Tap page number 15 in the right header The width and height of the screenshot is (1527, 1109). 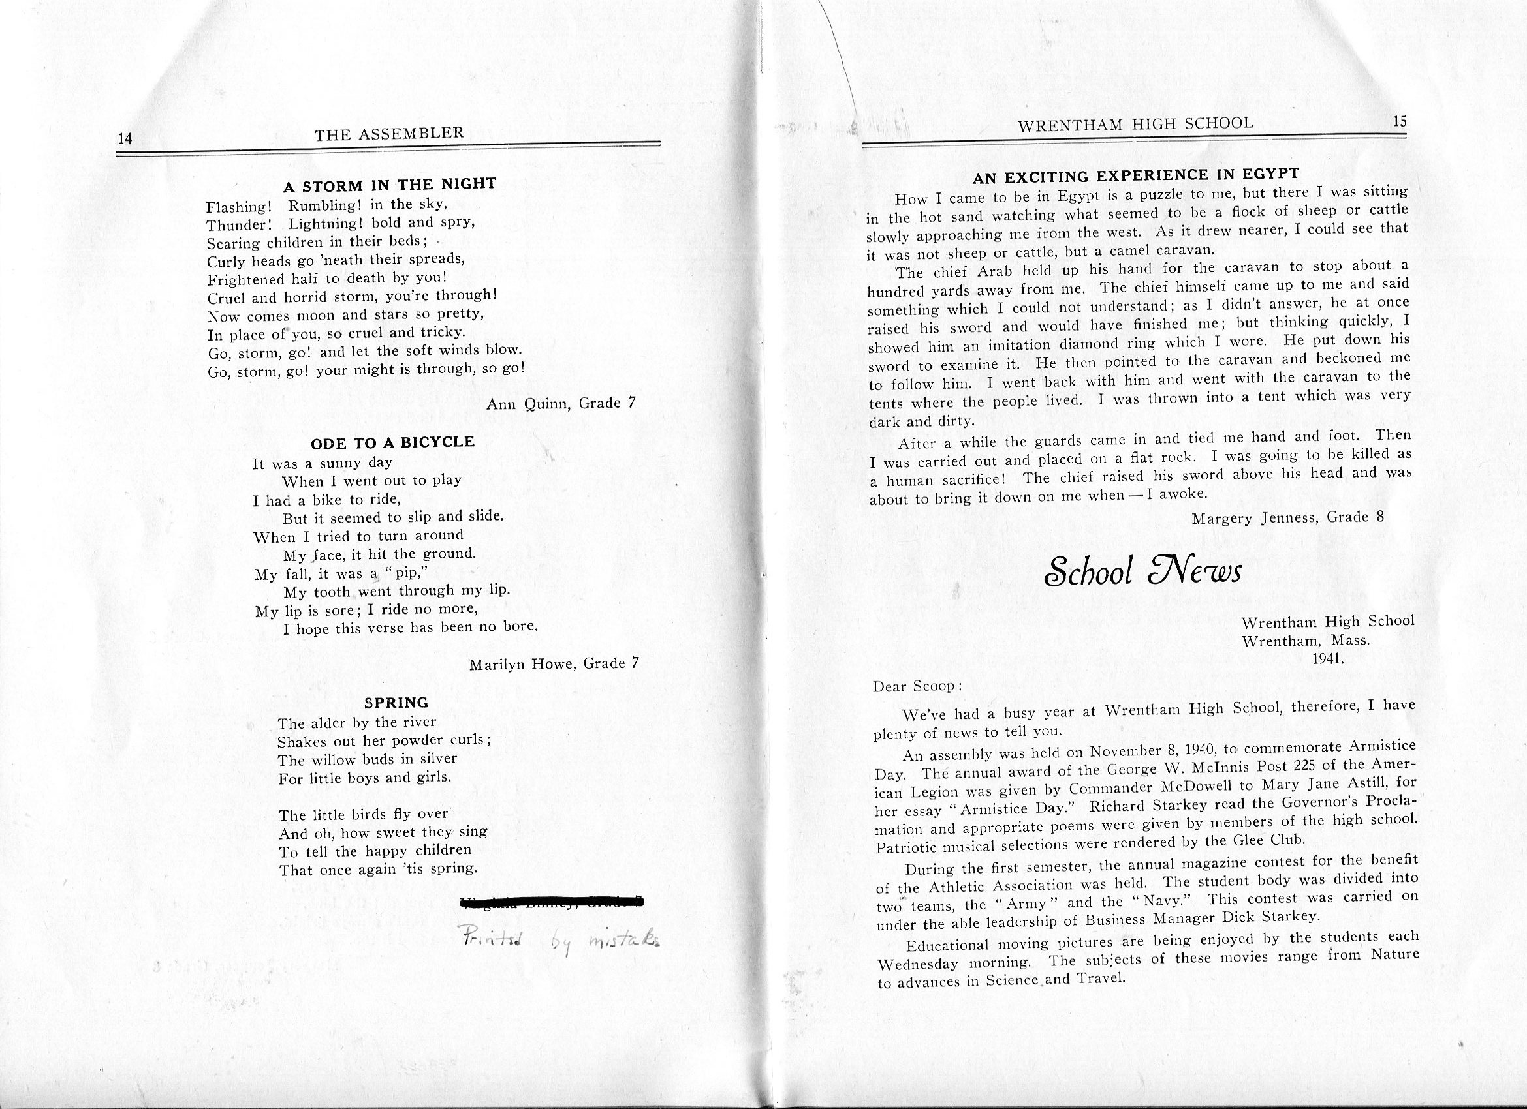click(1400, 121)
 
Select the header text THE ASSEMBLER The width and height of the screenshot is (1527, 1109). click(389, 133)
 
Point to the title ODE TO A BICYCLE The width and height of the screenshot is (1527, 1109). click(392, 442)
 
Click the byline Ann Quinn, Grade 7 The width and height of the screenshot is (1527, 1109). click(561, 404)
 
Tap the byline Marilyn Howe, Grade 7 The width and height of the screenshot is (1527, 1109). click(554, 664)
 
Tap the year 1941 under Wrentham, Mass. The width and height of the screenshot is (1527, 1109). click(1327, 659)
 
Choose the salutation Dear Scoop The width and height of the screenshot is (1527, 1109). click(917, 687)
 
